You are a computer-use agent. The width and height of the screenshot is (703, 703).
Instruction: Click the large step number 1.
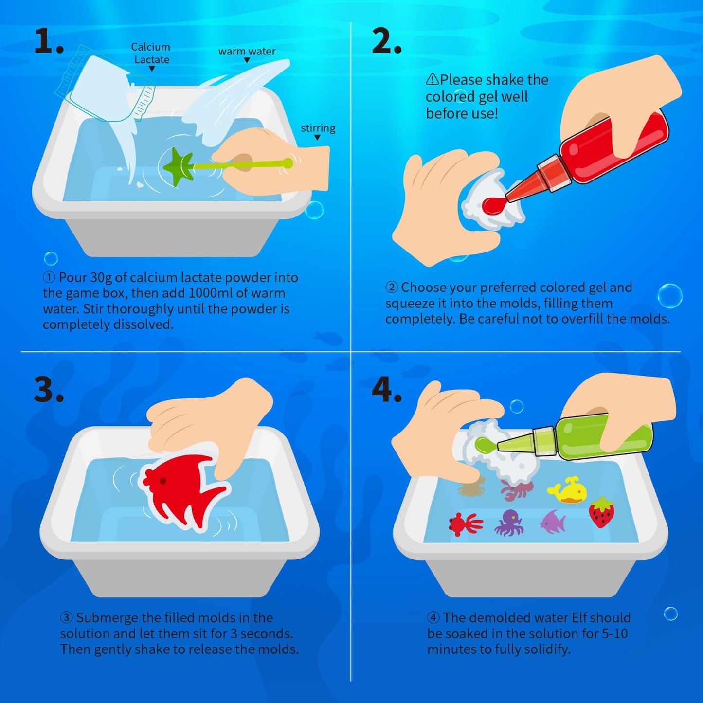point(48,41)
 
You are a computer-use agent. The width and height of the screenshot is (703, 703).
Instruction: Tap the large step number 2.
point(386,41)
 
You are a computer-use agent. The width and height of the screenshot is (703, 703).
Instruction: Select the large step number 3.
point(49,389)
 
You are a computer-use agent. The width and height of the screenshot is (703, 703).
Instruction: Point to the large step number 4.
point(386,389)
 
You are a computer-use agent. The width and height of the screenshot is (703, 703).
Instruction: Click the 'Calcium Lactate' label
point(151,53)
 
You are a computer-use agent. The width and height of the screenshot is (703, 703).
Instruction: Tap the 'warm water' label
point(247,51)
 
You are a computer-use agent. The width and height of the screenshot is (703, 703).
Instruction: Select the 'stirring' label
point(318,128)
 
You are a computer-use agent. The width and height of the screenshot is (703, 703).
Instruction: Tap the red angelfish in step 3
point(182,491)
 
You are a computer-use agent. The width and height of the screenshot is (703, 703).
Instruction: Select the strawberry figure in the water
point(602,512)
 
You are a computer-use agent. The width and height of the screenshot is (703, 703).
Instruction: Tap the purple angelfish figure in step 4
point(553,522)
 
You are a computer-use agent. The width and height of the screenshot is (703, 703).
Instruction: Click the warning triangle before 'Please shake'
point(432,79)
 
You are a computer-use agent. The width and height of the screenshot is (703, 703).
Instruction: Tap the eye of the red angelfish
point(162,481)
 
